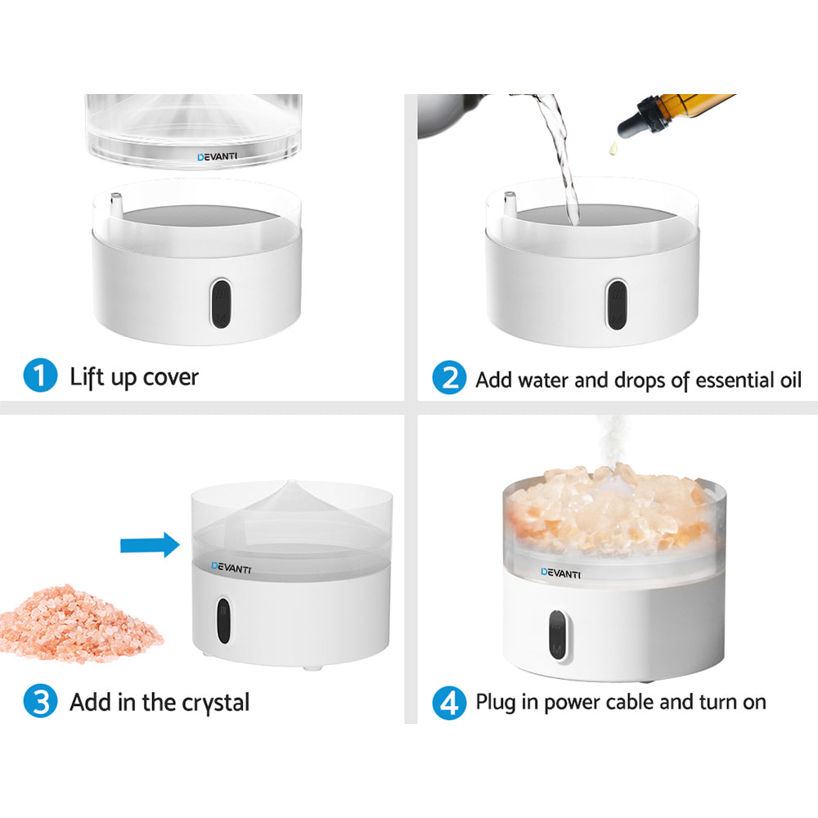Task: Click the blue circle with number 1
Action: click(40, 378)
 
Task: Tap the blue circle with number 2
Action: click(447, 379)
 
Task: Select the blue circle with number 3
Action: click(40, 702)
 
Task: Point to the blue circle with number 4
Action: click(447, 702)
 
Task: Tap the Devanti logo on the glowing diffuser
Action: click(561, 573)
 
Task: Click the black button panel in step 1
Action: click(220, 303)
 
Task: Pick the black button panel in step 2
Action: click(617, 303)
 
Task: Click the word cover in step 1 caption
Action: click(170, 378)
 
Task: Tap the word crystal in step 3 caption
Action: click(214, 702)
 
